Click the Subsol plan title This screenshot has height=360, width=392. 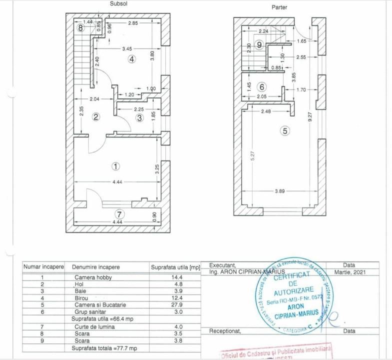click(120, 3)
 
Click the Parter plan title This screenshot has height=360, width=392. click(280, 8)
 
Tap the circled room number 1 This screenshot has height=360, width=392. click(116, 166)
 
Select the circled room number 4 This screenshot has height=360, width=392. click(131, 59)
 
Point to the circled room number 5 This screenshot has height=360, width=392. click(285, 131)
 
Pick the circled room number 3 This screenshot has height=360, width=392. click(140, 118)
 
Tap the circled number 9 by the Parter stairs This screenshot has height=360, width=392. click(259, 45)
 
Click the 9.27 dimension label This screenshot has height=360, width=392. click(310, 117)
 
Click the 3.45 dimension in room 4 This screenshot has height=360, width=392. click(127, 48)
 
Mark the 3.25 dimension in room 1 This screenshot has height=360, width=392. click(157, 168)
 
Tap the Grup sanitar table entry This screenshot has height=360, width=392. click(90, 311)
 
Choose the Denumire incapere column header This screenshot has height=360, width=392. click(95, 267)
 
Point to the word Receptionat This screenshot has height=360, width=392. click(225, 331)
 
